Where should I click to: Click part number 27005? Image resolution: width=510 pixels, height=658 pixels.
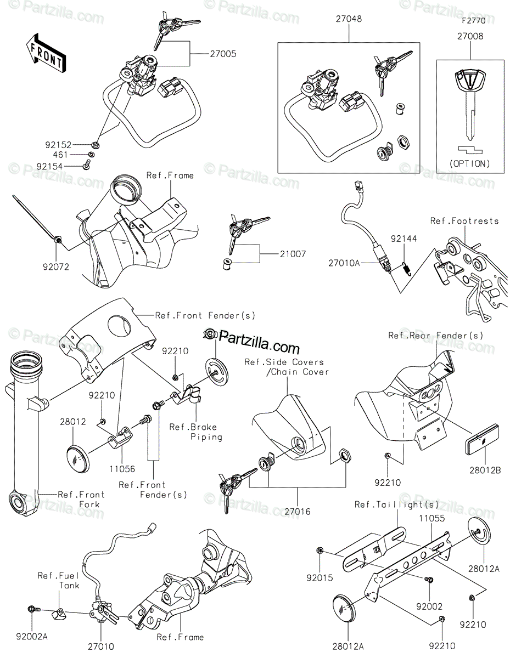[223, 54]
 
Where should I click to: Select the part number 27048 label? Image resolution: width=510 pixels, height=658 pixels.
[349, 19]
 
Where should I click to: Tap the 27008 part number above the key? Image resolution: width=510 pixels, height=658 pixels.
[470, 37]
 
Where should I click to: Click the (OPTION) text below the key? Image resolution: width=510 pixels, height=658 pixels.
[470, 163]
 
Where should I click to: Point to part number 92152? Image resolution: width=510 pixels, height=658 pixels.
[58, 145]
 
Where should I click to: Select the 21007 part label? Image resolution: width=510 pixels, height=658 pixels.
[293, 254]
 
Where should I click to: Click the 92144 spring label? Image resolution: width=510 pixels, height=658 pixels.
[403, 239]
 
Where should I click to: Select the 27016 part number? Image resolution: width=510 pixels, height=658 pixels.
[297, 512]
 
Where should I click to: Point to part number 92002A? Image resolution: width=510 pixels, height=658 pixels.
[31, 637]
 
